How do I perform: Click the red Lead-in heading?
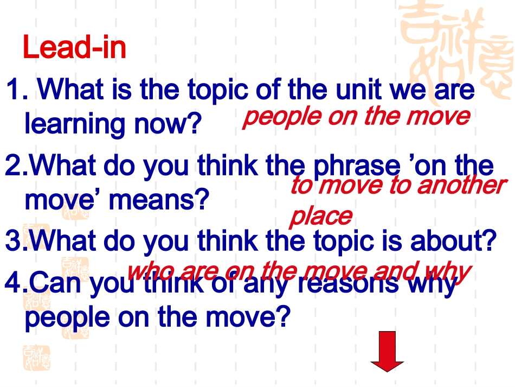[x=74, y=48]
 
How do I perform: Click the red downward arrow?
[x=387, y=352]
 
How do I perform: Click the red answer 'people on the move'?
[x=356, y=116]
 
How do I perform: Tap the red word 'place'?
[x=320, y=215]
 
